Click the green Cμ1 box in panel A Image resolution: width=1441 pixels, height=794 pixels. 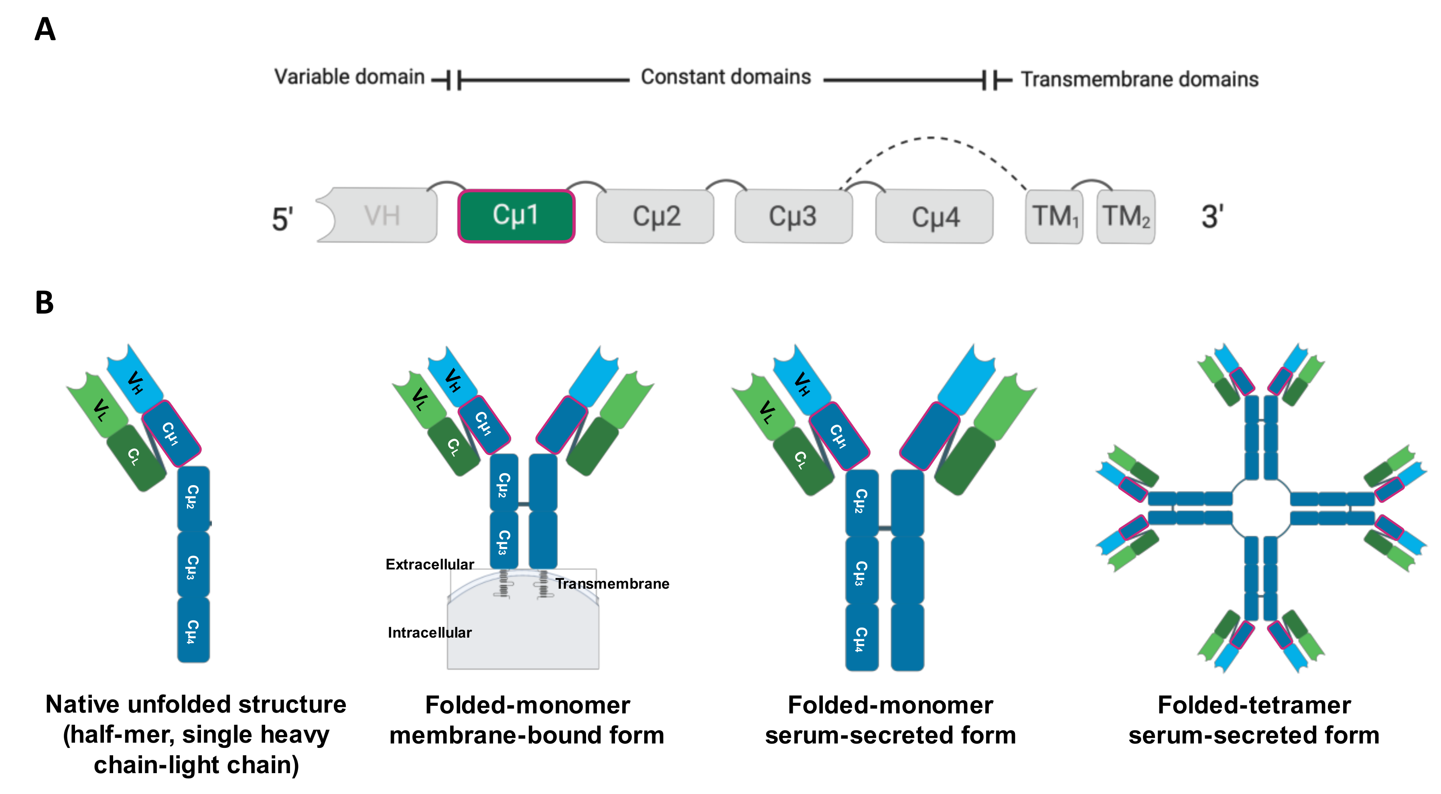516,216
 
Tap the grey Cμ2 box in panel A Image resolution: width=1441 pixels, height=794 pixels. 655,217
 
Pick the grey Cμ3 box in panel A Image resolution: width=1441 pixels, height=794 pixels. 793,217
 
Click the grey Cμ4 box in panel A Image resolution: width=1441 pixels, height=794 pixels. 934,217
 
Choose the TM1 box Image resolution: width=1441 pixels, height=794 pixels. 1054,217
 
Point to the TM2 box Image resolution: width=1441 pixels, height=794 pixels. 1126,217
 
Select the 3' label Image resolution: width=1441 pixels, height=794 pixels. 1212,217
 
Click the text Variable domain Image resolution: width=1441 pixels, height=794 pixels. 350,77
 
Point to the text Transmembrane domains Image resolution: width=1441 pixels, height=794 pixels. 1139,79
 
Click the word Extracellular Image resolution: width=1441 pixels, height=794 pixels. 429,564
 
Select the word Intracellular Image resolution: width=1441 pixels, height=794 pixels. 429,632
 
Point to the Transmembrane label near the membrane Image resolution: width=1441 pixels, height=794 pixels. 612,584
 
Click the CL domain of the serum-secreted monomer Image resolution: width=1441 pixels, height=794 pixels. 802,461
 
